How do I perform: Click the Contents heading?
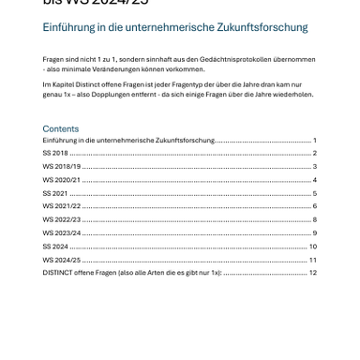coord(61,128)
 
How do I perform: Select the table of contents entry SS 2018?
coord(55,152)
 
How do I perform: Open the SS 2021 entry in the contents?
coord(55,192)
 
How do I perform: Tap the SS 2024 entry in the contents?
coord(55,246)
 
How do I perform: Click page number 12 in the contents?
coord(313,273)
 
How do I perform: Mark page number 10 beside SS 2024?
coord(313,246)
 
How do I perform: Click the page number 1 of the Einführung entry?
coord(315,140)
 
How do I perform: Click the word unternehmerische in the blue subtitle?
coord(174,29)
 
